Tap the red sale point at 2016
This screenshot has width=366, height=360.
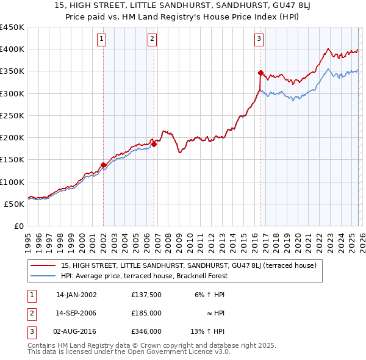[260, 73]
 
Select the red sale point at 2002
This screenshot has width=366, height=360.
[103, 165]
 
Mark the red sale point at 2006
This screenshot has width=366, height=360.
[154, 144]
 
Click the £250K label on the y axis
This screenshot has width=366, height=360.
[12, 115]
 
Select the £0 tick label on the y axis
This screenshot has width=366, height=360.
[18, 226]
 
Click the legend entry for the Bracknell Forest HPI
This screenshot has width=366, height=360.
[144, 276]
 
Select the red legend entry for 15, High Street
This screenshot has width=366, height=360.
[188, 265]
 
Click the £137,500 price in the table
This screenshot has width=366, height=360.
[146, 294]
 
